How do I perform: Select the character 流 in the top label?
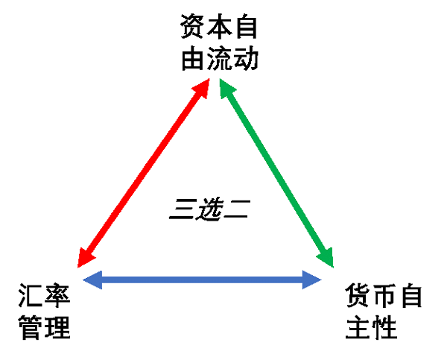220,58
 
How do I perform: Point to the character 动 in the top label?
246,58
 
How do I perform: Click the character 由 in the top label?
193,58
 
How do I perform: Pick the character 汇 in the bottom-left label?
31,295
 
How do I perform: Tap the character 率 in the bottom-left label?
57,295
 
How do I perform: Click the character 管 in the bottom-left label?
31,327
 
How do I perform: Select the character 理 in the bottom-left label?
57,327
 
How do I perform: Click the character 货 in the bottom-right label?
358,295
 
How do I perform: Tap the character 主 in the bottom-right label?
358,327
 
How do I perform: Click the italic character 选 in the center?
210,209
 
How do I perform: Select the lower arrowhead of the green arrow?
326,258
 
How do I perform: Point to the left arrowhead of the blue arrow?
92,280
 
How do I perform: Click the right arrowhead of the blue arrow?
312,280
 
